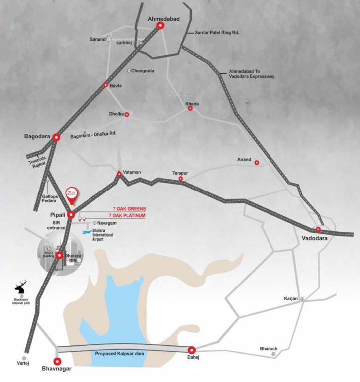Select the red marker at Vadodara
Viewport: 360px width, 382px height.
[x=318, y=230]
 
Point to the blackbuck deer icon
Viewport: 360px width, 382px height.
[x=21, y=288]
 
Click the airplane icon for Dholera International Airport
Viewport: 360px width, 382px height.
[x=87, y=232]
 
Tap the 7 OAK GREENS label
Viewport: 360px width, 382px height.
[x=129, y=209]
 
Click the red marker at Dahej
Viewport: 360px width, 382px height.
[x=192, y=350]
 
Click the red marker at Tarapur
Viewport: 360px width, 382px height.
[x=181, y=179]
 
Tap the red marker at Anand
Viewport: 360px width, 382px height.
[x=257, y=163]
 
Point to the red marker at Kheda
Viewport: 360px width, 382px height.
[x=190, y=108]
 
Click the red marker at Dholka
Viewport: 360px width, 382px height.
[x=126, y=114]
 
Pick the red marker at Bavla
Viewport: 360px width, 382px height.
[x=105, y=85]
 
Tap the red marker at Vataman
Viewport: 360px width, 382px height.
[x=119, y=174]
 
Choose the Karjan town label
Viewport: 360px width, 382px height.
[x=290, y=298]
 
